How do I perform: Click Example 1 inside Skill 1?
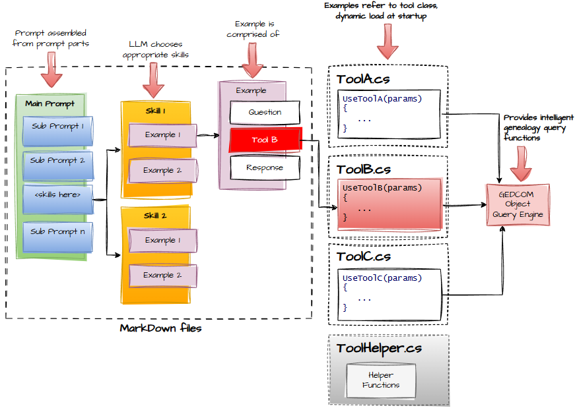(x=162, y=135)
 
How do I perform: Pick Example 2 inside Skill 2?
(x=162, y=276)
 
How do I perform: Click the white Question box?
(x=265, y=113)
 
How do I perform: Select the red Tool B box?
(x=265, y=140)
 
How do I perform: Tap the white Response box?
(x=265, y=168)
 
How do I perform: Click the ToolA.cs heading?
(x=362, y=80)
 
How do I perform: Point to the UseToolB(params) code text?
(x=382, y=188)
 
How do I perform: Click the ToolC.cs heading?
(x=363, y=256)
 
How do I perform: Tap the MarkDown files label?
(x=160, y=328)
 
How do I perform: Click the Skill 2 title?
(x=156, y=216)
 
